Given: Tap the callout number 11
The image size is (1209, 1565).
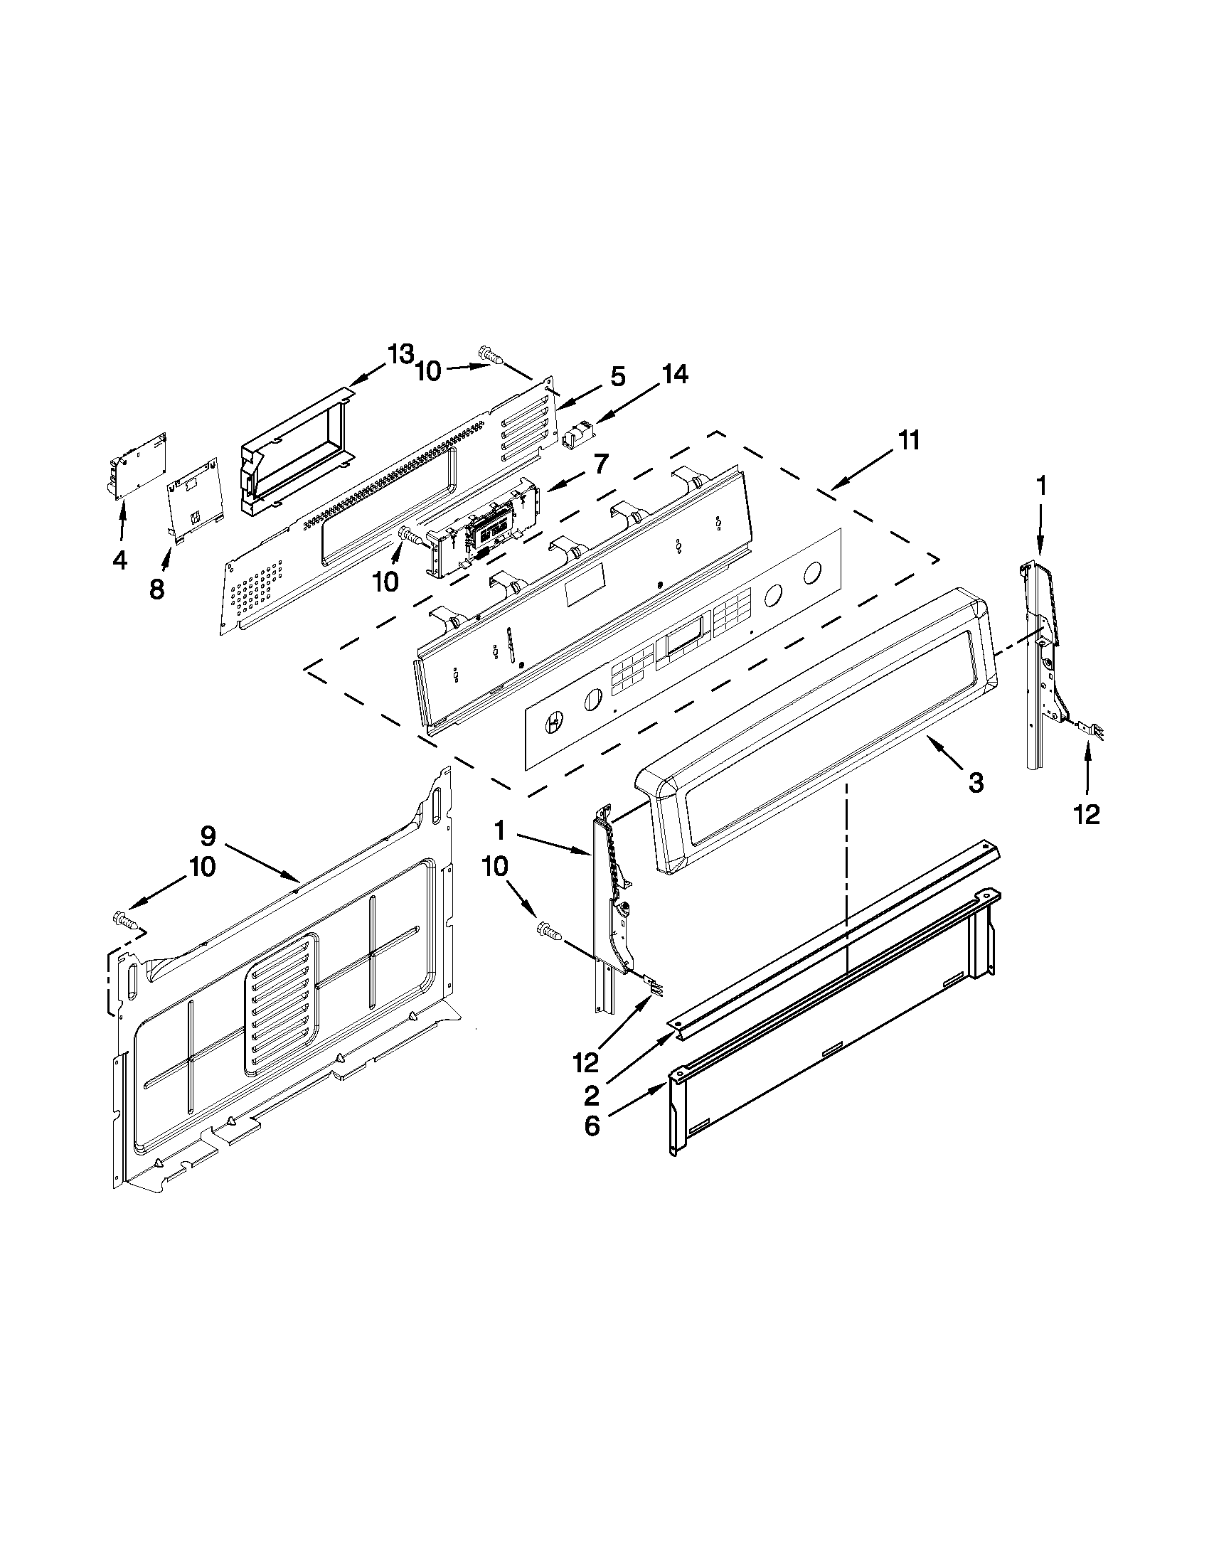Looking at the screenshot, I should [x=908, y=440].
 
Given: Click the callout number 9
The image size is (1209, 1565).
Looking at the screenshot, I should [x=208, y=835].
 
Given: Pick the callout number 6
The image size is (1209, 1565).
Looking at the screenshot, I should [x=591, y=1126].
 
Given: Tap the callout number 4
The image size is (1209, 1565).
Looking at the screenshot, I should [x=119, y=560].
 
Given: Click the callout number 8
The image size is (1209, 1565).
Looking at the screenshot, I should [x=156, y=589].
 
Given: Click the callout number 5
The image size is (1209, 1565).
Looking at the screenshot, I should [x=617, y=378].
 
